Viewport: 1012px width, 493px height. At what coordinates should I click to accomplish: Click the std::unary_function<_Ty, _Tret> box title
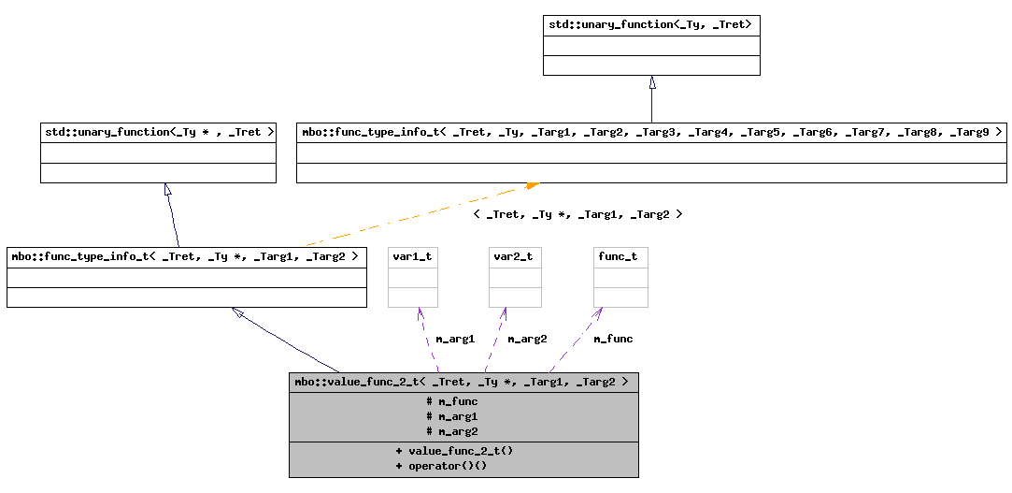coord(650,24)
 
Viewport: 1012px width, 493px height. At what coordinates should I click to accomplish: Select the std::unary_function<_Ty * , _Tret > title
coord(158,132)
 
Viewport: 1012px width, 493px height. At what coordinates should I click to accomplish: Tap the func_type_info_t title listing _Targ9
coord(651,132)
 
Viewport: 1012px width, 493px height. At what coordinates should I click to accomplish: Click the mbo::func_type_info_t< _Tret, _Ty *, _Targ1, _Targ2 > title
coord(186,256)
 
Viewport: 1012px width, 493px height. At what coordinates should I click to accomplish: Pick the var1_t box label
coord(412,256)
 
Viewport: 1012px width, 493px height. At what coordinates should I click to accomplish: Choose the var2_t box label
coord(514,256)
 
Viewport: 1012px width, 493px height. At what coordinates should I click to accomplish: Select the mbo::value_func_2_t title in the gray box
coord(463,382)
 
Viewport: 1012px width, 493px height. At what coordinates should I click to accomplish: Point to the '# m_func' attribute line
coord(451,401)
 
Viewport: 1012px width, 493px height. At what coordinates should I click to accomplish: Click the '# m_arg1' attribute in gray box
coord(451,416)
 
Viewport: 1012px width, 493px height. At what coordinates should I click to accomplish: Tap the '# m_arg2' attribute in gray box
coord(451,431)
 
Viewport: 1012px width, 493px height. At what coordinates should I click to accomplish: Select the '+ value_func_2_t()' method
coord(454,450)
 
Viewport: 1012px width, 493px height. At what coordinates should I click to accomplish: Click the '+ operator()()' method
coord(441,465)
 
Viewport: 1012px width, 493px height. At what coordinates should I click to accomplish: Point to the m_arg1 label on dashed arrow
coord(455,339)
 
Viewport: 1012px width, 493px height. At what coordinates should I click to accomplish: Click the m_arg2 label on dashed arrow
coord(527,339)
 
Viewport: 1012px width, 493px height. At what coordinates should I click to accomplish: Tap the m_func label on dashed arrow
coord(613,339)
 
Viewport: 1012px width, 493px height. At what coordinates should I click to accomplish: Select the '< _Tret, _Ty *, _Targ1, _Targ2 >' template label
coord(577,214)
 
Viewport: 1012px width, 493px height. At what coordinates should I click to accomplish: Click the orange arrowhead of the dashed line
coord(532,186)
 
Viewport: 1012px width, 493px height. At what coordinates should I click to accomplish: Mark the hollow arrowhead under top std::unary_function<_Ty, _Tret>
coord(652,82)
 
